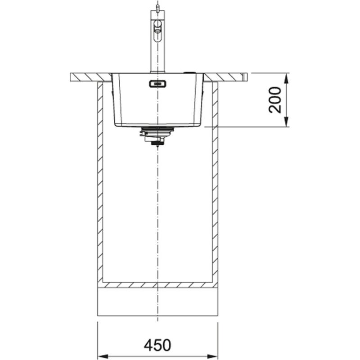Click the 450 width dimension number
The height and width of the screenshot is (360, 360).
click(157, 345)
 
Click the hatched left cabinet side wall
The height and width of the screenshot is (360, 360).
click(100, 180)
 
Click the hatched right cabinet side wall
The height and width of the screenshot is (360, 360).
click(215, 180)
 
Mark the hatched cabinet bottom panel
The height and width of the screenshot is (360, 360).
click(157, 285)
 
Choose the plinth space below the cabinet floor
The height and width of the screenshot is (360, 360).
click(157, 301)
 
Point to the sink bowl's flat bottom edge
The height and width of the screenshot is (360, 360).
click(157, 126)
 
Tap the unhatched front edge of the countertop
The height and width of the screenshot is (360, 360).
click(245, 77)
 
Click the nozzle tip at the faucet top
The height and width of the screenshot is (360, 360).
click(157, 6)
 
